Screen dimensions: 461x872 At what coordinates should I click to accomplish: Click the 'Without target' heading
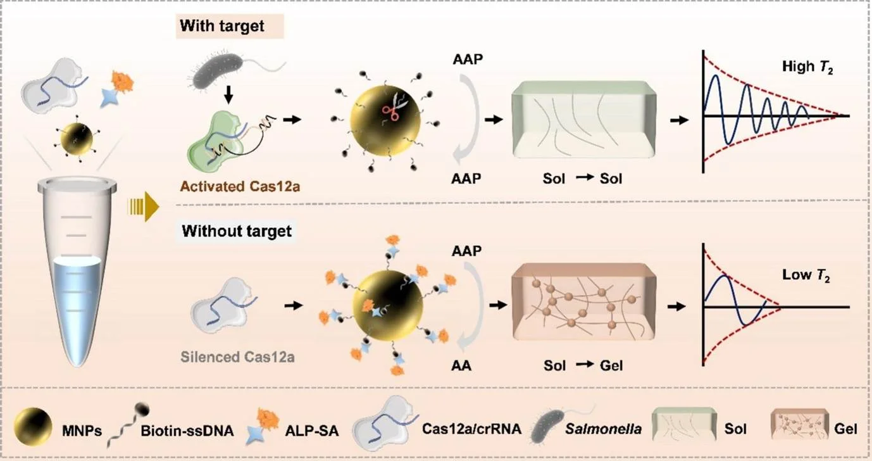pos(237,230)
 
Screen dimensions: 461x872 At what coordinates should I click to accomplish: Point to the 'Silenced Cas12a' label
pos(243,356)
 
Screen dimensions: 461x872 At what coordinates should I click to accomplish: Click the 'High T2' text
pos(807,65)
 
